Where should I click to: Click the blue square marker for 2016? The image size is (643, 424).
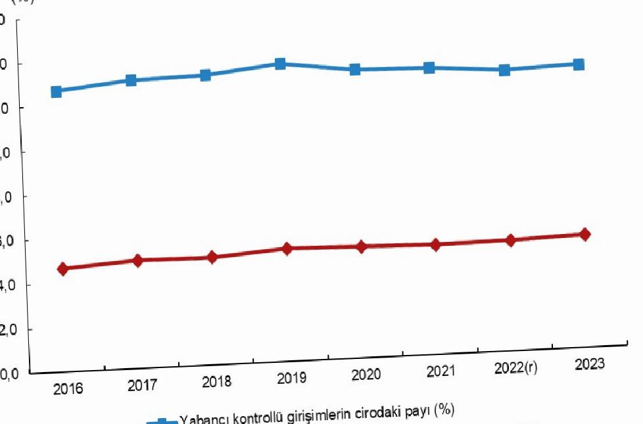(x=57, y=91)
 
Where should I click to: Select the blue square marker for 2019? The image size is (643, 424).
(x=280, y=64)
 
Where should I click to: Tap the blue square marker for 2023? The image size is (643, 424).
(x=579, y=64)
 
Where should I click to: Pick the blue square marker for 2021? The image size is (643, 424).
(x=429, y=68)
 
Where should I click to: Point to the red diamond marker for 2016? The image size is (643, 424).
(x=63, y=269)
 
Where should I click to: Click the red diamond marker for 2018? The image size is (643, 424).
(x=212, y=257)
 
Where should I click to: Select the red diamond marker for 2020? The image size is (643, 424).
(x=362, y=247)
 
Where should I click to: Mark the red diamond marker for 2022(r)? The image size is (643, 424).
(x=510, y=240)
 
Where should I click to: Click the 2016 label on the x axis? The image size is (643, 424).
(x=68, y=389)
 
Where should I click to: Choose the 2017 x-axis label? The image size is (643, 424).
(x=143, y=386)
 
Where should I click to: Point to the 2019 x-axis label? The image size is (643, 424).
(x=291, y=379)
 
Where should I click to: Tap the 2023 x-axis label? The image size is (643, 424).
(x=589, y=365)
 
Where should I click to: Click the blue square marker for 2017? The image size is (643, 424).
(x=131, y=80)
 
